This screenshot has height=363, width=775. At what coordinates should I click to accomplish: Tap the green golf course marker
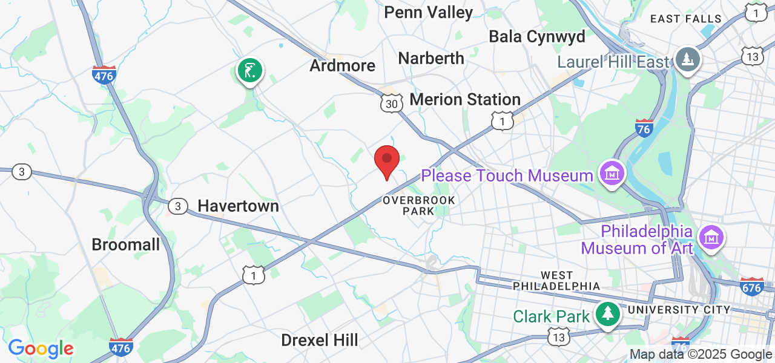[249, 71]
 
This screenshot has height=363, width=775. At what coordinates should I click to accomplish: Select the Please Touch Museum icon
[612, 174]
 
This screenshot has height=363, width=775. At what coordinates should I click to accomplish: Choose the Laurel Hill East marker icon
[688, 59]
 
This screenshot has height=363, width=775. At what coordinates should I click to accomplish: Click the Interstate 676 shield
[751, 286]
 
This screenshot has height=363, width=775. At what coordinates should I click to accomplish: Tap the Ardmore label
[342, 65]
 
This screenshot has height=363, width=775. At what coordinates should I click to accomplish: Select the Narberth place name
[431, 58]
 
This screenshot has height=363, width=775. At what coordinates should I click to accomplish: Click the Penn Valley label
[428, 12]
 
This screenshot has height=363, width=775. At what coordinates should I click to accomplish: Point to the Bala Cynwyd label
[537, 36]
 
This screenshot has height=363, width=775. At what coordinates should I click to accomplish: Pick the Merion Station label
[465, 99]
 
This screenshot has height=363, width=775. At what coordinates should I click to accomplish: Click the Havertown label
[239, 206]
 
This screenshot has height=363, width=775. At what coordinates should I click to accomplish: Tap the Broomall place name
[126, 244]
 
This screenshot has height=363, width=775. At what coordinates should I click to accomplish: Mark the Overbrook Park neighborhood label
[418, 205]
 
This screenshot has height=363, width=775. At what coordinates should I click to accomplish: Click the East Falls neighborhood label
[686, 19]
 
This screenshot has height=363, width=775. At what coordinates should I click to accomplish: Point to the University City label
[679, 310]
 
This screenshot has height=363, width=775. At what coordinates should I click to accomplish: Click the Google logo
[41, 348]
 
